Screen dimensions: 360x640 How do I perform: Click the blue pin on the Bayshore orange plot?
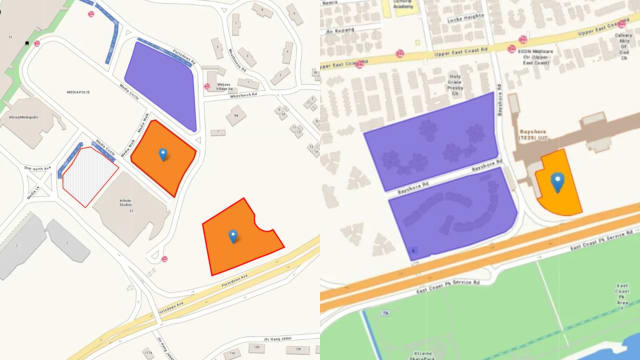point(557,182)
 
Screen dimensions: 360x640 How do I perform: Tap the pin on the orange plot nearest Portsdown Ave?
point(233,236)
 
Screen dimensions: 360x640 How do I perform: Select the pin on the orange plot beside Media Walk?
point(164,155)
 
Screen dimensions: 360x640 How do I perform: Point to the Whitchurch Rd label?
point(243,96)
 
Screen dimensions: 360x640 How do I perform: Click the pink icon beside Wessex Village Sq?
point(207,85)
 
